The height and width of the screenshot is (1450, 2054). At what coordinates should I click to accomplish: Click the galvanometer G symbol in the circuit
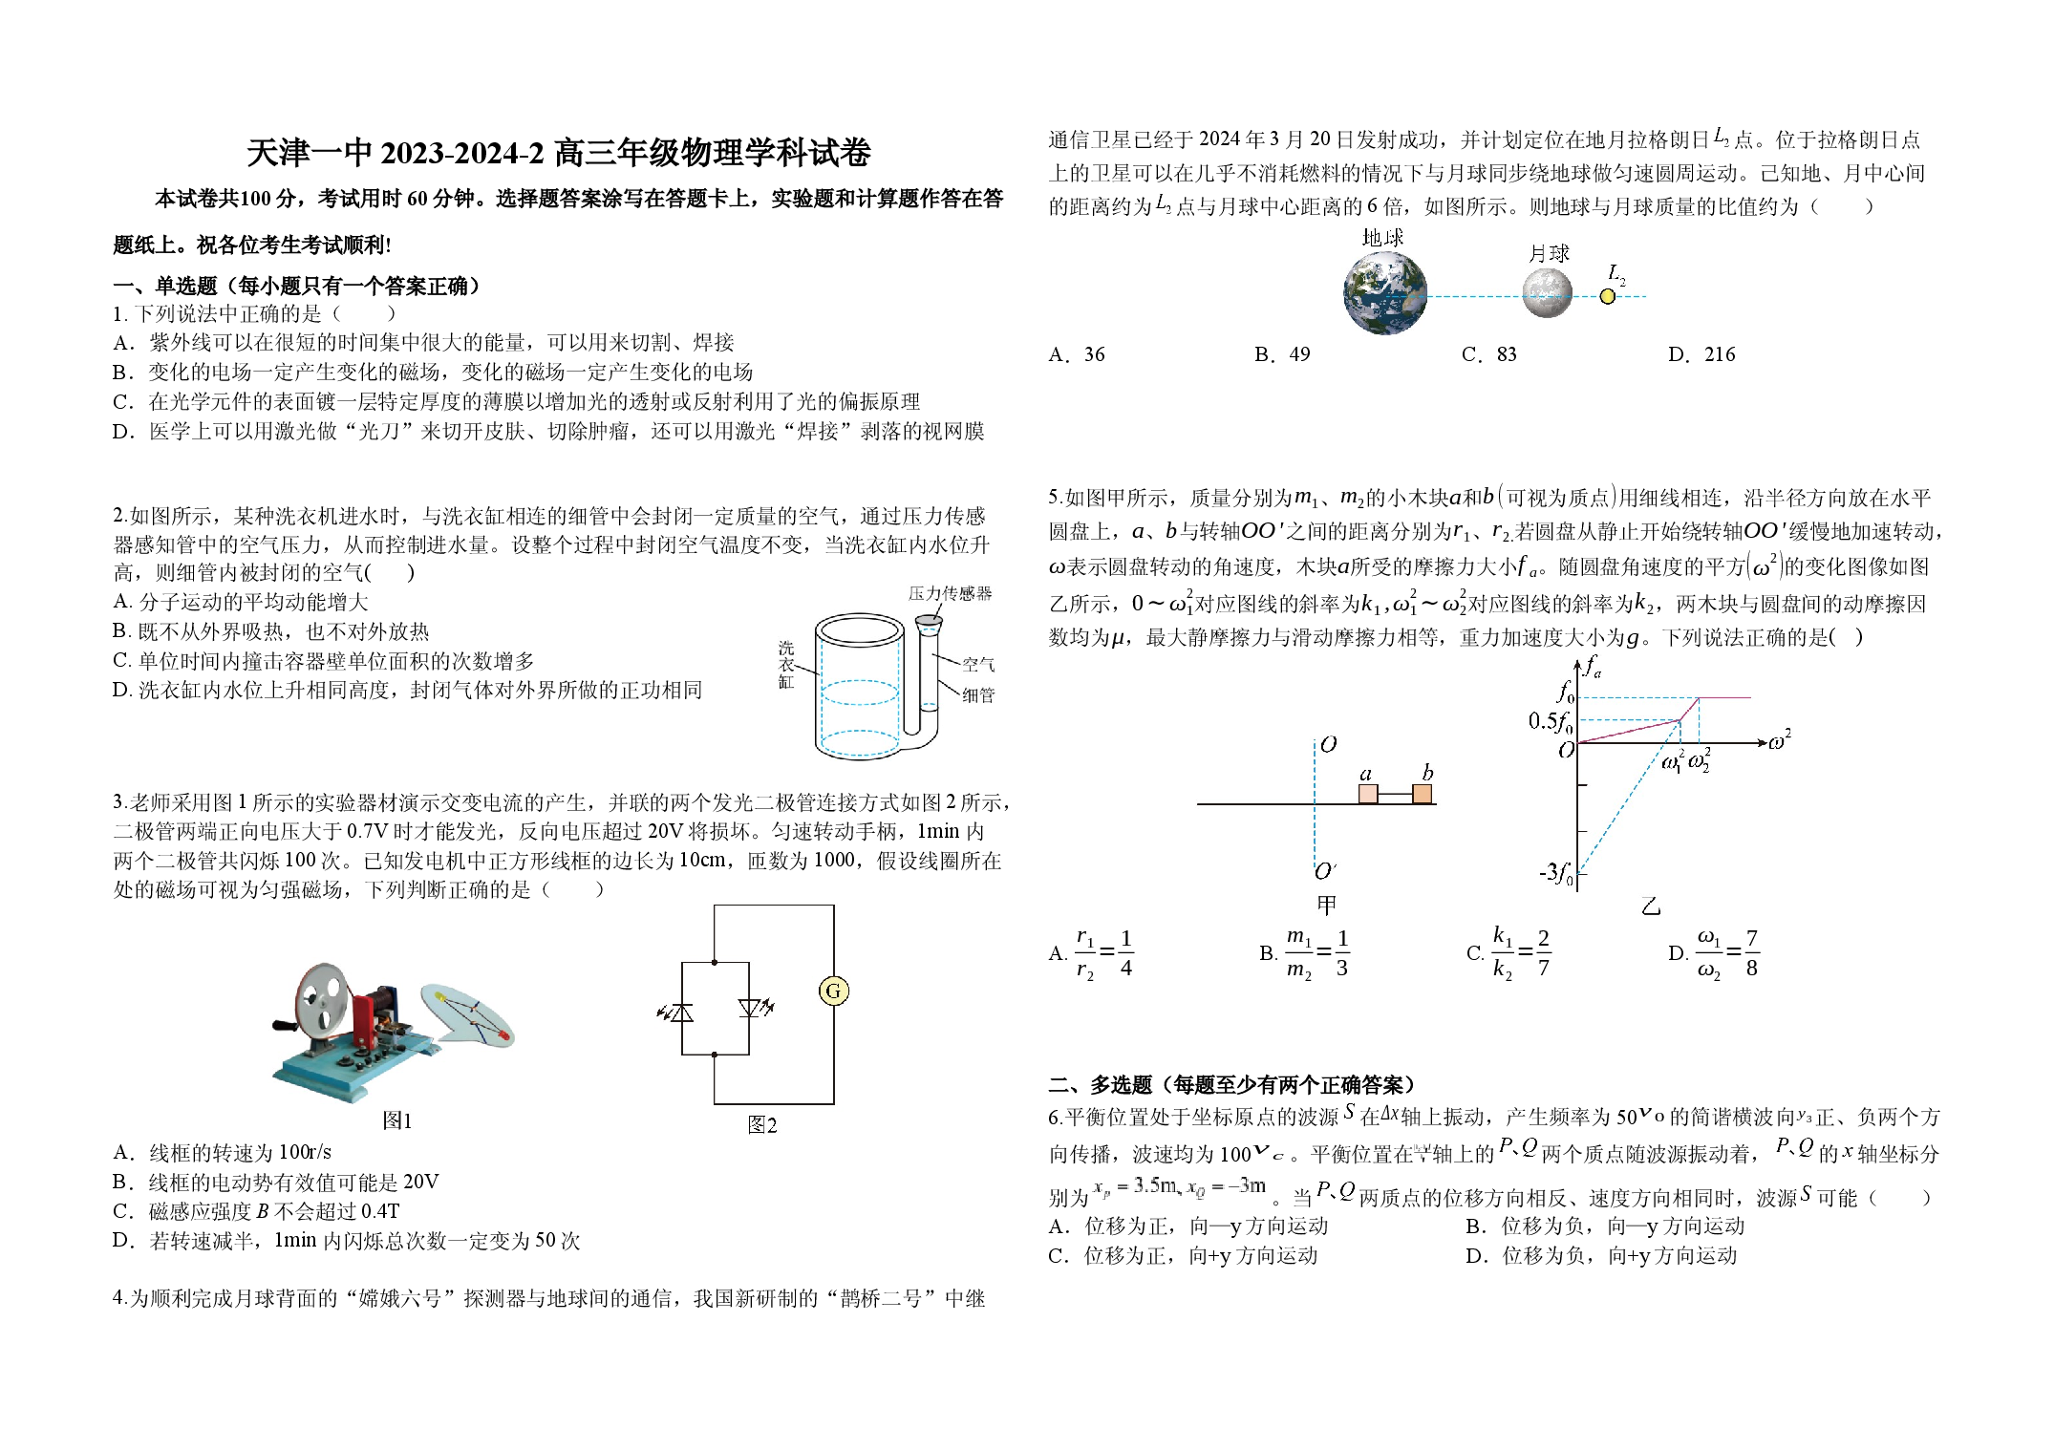(x=833, y=992)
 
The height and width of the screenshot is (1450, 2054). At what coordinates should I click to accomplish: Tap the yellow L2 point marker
(x=1608, y=297)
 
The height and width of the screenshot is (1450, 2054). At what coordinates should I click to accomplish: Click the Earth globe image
(x=1384, y=293)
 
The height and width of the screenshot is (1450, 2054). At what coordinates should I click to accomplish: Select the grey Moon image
(x=1547, y=293)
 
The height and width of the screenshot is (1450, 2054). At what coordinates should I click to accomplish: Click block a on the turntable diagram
(x=1368, y=794)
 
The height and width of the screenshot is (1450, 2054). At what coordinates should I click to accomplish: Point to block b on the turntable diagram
(x=1423, y=794)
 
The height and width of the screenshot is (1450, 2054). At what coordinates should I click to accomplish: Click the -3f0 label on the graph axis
(x=1555, y=873)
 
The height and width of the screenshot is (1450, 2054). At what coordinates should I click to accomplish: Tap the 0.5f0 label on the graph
(x=1550, y=722)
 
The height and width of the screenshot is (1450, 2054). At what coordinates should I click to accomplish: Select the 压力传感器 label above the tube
(x=950, y=593)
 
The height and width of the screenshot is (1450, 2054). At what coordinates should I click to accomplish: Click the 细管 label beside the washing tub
(x=978, y=695)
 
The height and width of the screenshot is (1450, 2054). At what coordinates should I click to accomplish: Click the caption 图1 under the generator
(x=396, y=1120)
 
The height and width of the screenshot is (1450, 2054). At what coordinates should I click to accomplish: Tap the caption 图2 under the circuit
(x=762, y=1125)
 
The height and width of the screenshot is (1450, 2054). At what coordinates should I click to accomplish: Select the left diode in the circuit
(x=679, y=1011)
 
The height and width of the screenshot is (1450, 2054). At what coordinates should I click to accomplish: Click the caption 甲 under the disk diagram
(x=1326, y=904)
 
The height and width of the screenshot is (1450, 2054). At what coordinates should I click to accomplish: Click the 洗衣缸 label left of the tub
(x=786, y=665)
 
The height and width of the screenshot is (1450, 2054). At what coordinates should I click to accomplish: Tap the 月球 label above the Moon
(x=1549, y=253)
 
